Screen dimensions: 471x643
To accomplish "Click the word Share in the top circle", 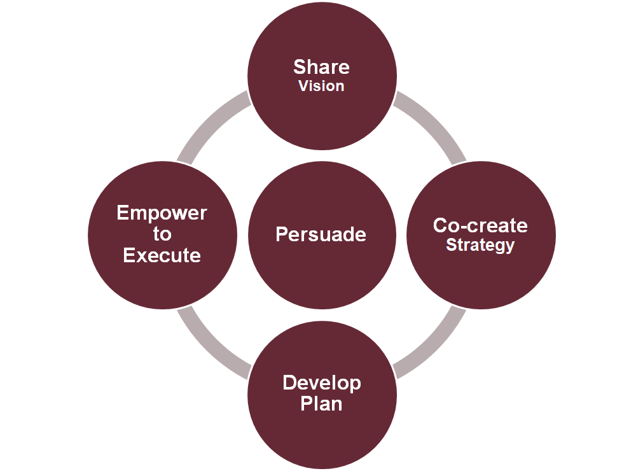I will (x=321, y=67).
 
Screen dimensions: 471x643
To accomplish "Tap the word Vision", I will (x=321, y=86).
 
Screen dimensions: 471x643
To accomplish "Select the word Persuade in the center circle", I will (x=321, y=234).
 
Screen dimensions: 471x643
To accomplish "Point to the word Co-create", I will (x=480, y=225).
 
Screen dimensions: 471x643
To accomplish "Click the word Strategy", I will (x=480, y=245).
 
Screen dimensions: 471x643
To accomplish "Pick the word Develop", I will (x=321, y=383).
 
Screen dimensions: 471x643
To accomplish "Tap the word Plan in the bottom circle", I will (x=321, y=404).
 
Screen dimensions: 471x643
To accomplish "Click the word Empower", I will (x=162, y=213).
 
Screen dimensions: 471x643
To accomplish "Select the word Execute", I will (x=162, y=255).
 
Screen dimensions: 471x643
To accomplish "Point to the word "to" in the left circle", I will (x=162, y=234).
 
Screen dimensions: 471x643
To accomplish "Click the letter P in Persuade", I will (x=281, y=234).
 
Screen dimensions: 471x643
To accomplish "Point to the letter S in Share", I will (x=299, y=67).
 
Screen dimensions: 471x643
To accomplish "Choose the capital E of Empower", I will (x=123, y=213).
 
